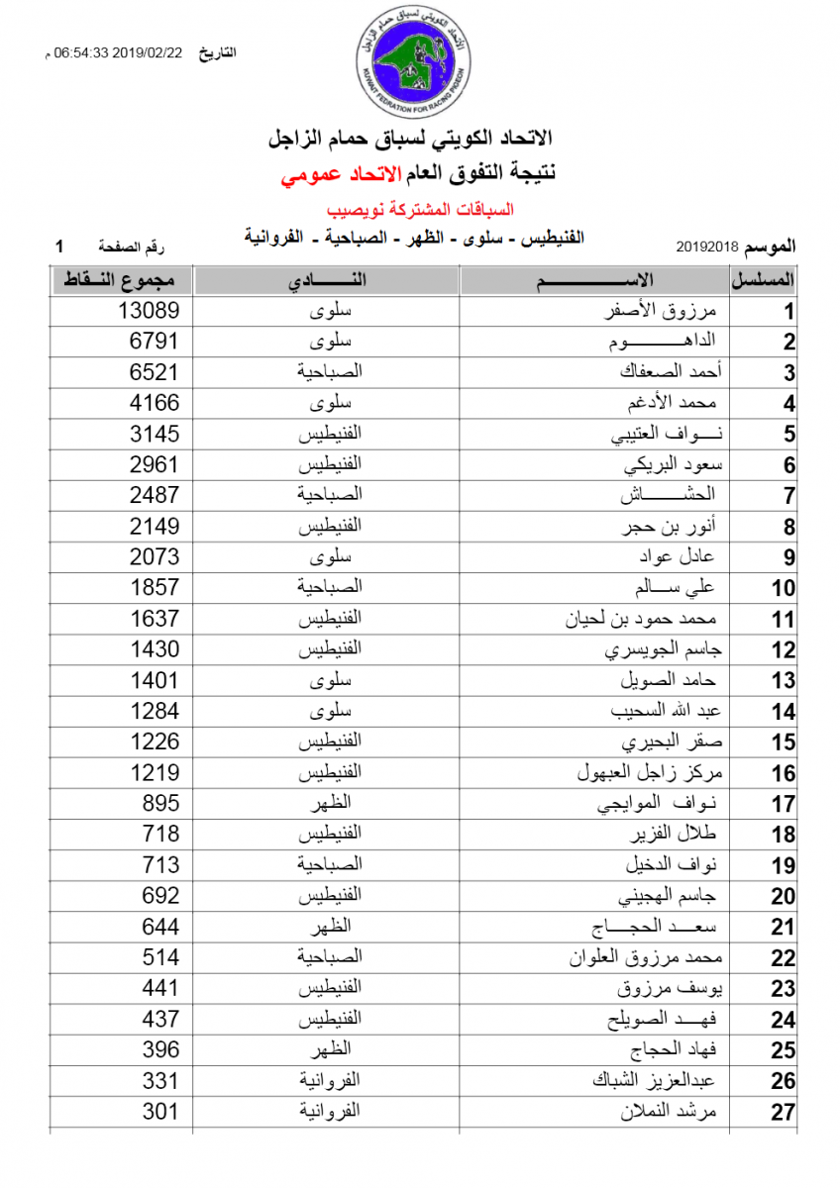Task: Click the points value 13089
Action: (149, 311)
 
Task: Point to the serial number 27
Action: (783, 1113)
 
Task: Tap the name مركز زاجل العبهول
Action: (652, 772)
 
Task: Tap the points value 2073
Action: (155, 556)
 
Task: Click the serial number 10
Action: (783, 589)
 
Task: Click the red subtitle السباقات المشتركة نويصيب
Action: (412, 210)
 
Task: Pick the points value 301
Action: (160, 1111)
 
